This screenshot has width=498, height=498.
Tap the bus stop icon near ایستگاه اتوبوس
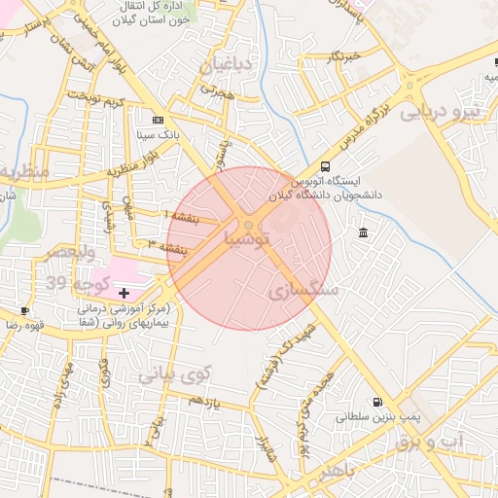[x=324, y=166]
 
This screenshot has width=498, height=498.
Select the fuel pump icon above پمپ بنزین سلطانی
[x=376, y=402]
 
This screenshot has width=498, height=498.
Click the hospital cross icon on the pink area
[x=124, y=293]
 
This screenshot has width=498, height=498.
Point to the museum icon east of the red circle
[x=363, y=232]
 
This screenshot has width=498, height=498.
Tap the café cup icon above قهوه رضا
[x=24, y=311]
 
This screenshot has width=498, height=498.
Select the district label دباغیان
[x=227, y=65]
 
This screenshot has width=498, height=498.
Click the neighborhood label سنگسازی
[x=302, y=290]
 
